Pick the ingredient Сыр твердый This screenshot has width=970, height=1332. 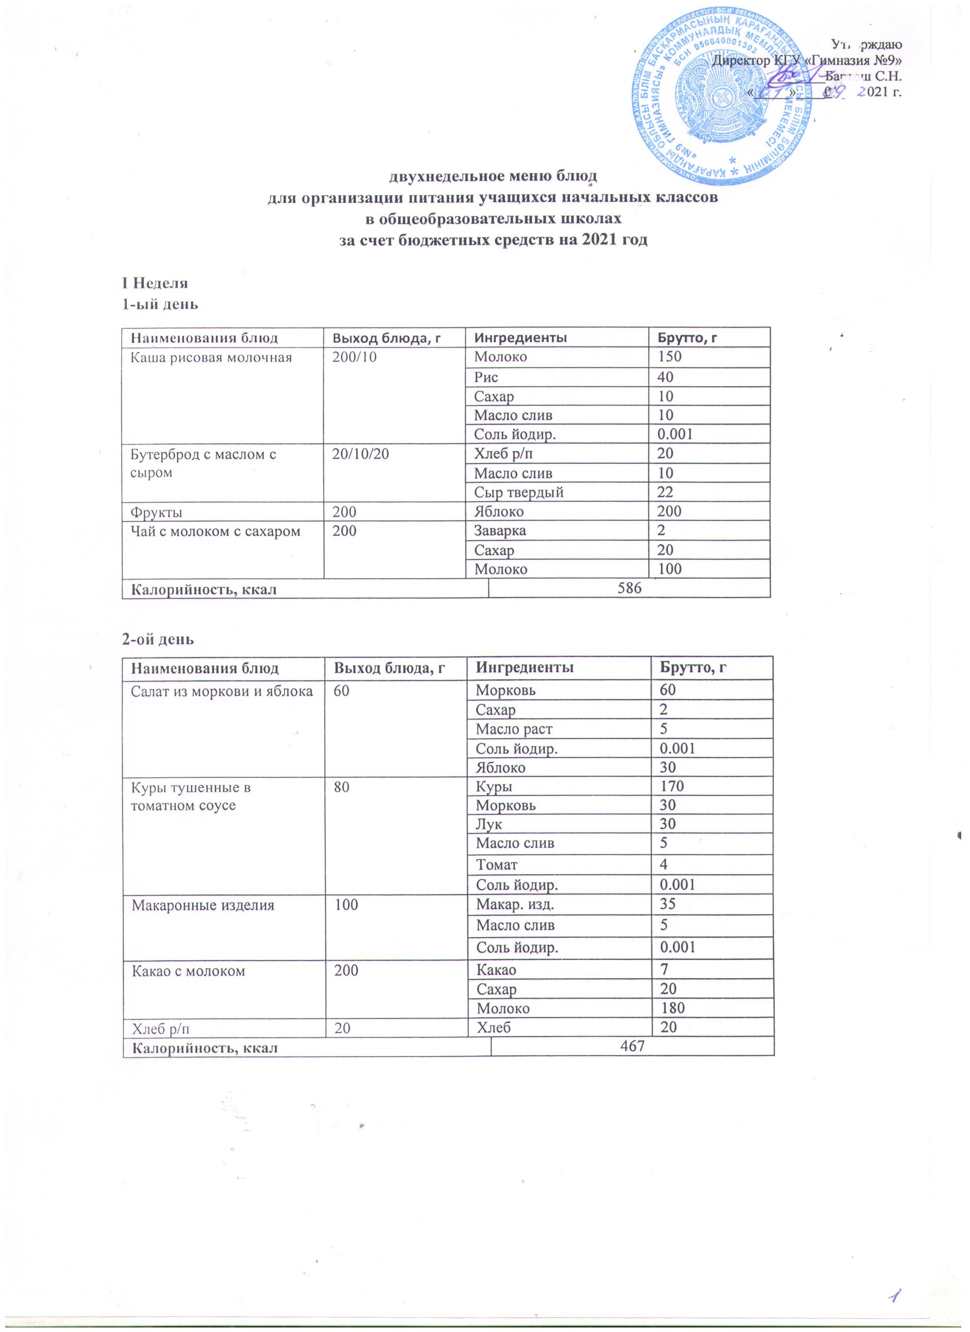pyautogui.click(x=519, y=492)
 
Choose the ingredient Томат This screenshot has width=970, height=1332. pyautogui.click(x=497, y=864)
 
